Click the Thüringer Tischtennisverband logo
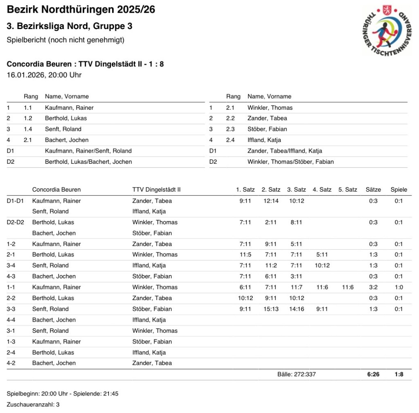(387, 30)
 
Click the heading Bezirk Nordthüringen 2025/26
(81, 9)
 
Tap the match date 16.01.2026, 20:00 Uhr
(44, 75)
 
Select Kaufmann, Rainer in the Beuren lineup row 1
(69, 108)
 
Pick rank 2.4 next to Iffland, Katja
(230, 140)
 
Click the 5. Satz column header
(348, 190)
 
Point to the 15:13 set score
(271, 309)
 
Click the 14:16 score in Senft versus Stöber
(297, 309)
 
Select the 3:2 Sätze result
(373, 287)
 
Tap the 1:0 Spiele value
(399, 287)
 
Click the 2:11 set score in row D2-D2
(271, 222)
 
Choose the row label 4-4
(12, 320)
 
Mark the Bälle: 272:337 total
(297, 374)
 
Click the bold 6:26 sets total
(373, 374)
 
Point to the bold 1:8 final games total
(399, 374)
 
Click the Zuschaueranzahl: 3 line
(33, 404)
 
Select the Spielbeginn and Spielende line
(63, 394)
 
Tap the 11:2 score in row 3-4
(271, 265)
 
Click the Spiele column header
(399, 190)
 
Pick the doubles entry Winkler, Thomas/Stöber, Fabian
(291, 162)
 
